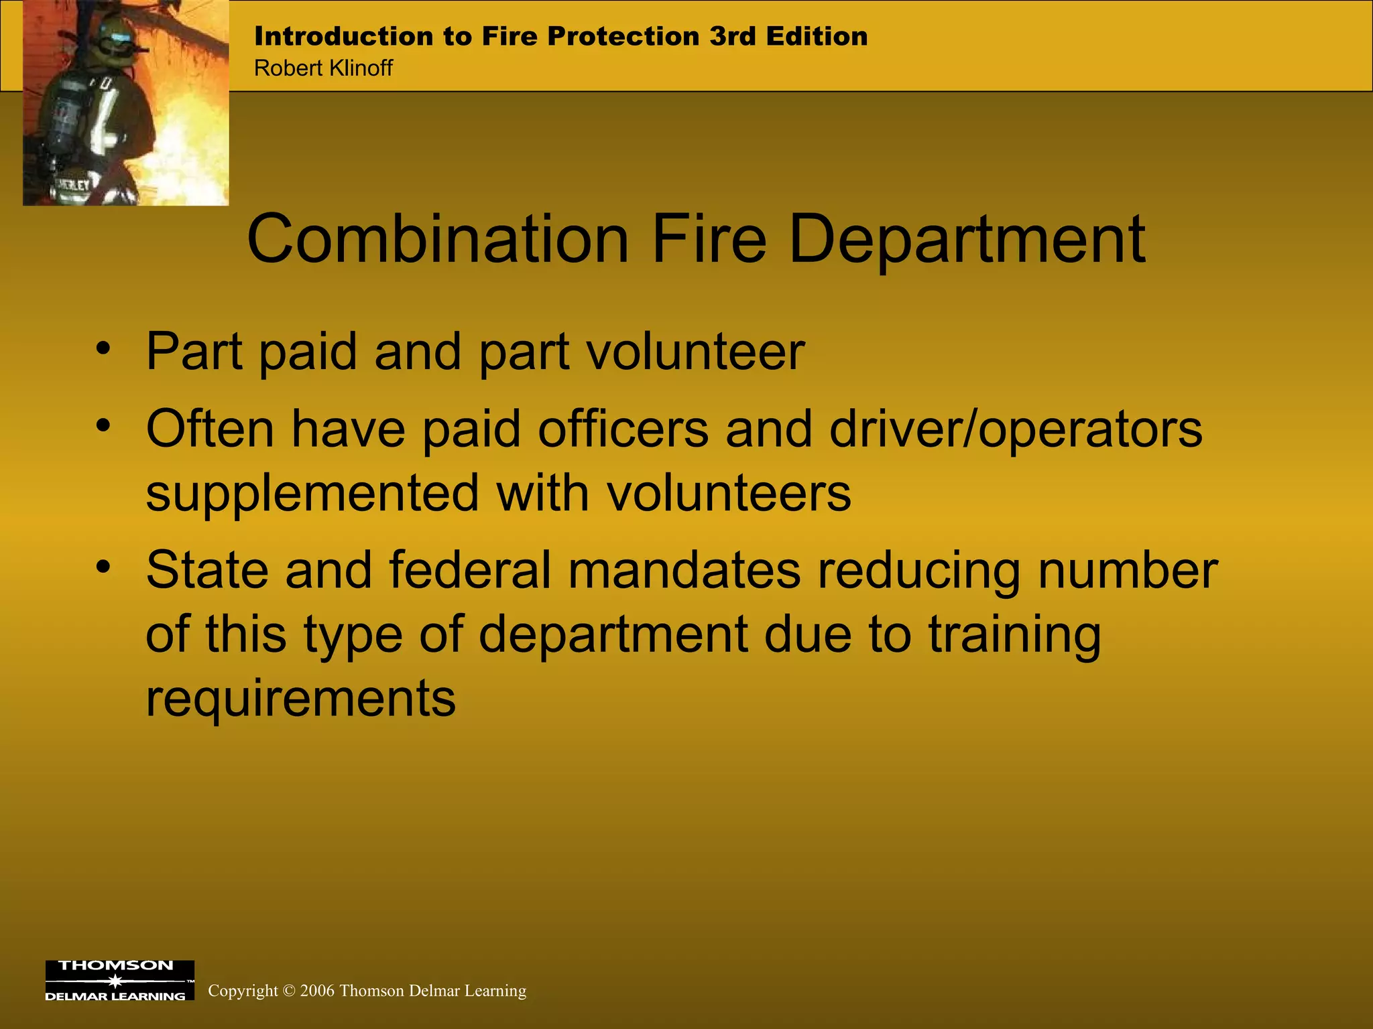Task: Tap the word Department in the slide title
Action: (x=967, y=240)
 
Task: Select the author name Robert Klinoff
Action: (x=323, y=68)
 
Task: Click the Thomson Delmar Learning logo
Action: (x=119, y=980)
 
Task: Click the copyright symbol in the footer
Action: (x=289, y=991)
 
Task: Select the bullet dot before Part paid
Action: (x=103, y=348)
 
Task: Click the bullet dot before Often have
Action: (x=103, y=425)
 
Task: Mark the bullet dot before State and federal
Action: (x=103, y=567)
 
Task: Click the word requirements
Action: (x=300, y=698)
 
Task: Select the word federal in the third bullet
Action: (x=470, y=571)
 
